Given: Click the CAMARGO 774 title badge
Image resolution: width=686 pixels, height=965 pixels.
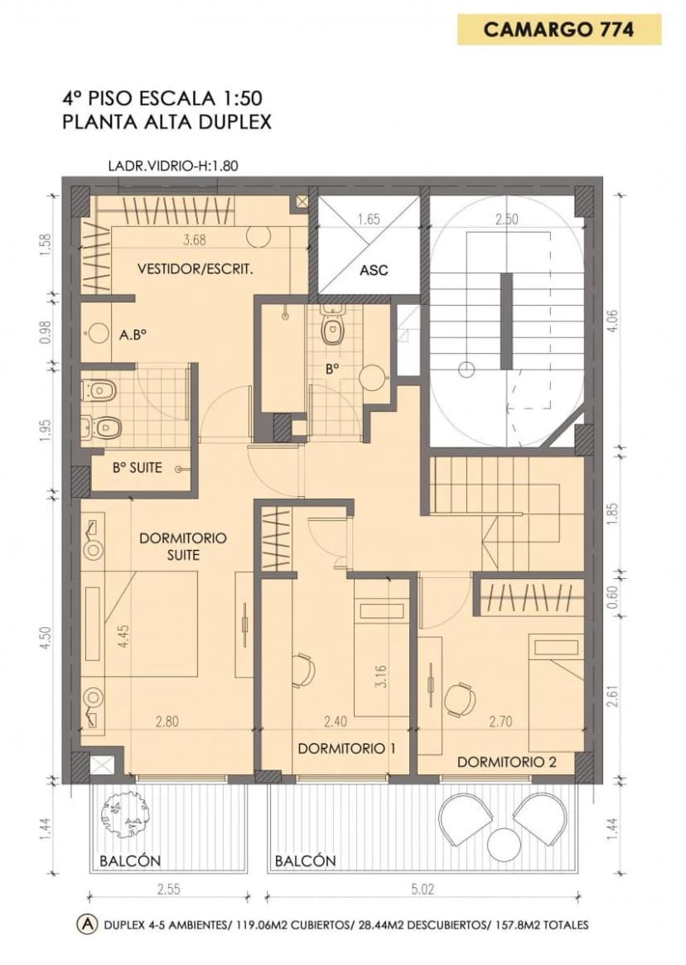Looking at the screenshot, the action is point(558,30).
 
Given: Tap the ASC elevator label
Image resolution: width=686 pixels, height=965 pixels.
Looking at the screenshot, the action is point(374,269).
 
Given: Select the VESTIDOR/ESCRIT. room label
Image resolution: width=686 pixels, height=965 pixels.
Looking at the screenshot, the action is point(196,269).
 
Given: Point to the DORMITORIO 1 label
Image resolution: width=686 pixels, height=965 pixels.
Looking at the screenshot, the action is point(346,748).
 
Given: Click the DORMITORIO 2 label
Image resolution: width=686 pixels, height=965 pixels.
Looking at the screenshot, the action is point(507,762).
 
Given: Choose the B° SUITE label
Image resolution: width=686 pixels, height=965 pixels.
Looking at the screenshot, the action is point(138,468).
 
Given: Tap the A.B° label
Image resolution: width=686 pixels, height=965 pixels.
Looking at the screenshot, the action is point(133,335).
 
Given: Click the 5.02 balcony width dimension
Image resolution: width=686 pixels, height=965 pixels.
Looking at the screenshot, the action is point(422,890).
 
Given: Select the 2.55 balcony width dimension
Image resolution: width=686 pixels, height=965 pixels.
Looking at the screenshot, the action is point(168,890).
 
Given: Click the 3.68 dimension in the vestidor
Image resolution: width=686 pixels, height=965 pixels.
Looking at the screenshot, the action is point(195,240).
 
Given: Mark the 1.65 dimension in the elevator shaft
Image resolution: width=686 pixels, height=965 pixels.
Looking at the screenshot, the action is point(369,220).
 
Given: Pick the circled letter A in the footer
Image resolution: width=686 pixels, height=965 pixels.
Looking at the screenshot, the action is point(88,924).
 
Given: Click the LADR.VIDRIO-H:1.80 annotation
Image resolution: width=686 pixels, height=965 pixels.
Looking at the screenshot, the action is point(173,166).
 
